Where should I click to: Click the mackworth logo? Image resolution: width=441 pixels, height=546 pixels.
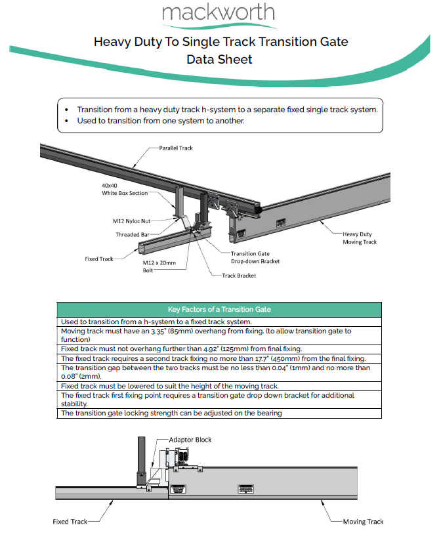point(220,14)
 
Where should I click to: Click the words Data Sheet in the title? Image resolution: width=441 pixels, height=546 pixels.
point(219,59)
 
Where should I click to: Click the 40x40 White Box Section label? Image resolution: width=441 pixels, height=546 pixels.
point(125,189)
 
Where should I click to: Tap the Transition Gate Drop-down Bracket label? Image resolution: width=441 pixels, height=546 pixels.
point(255,257)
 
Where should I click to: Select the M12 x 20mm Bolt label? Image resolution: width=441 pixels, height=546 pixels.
point(161,266)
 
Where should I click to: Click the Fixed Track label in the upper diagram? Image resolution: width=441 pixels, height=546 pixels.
point(100,259)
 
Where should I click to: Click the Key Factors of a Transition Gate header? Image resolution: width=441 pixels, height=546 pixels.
point(220,309)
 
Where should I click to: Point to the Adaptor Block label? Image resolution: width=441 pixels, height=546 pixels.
point(190,440)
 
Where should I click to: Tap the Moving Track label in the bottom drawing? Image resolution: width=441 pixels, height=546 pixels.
point(363,522)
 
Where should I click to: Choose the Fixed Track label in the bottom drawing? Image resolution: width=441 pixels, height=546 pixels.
point(70,522)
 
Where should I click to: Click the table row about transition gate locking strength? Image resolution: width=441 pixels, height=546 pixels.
point(171,413)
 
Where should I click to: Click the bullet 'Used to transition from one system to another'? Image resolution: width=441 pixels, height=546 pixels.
point(161,121)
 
